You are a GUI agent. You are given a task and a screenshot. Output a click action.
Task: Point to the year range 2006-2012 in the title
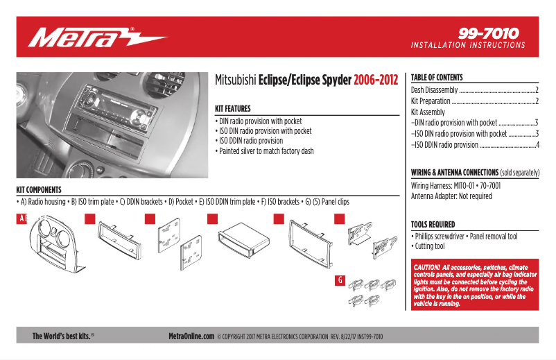(376, 80)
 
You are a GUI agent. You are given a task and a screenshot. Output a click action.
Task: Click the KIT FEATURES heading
(233, 109)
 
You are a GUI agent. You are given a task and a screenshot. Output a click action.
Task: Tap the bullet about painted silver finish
(266, 151)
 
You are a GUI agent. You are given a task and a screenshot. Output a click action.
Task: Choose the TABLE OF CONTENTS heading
(437, 78)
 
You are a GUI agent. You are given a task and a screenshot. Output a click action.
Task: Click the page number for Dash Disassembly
(537, 90)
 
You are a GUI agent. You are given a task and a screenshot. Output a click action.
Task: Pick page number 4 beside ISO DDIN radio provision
(537, 145)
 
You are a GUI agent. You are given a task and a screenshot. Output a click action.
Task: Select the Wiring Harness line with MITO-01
(455, 186)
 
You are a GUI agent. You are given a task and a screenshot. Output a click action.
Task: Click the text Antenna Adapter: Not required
(451, 196)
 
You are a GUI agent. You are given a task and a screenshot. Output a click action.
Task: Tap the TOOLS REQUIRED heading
(433, 225)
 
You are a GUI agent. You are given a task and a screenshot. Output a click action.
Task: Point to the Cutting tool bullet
(429, 246)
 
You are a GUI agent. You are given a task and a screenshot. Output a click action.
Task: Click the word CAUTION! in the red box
(428, 267)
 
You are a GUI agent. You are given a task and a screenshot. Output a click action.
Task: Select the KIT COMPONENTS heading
(39, 189)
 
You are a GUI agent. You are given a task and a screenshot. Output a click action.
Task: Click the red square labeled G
(340, 280)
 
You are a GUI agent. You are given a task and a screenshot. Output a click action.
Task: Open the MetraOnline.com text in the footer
(191, 336)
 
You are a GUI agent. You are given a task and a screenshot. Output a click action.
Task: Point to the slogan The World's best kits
(62, 336)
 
